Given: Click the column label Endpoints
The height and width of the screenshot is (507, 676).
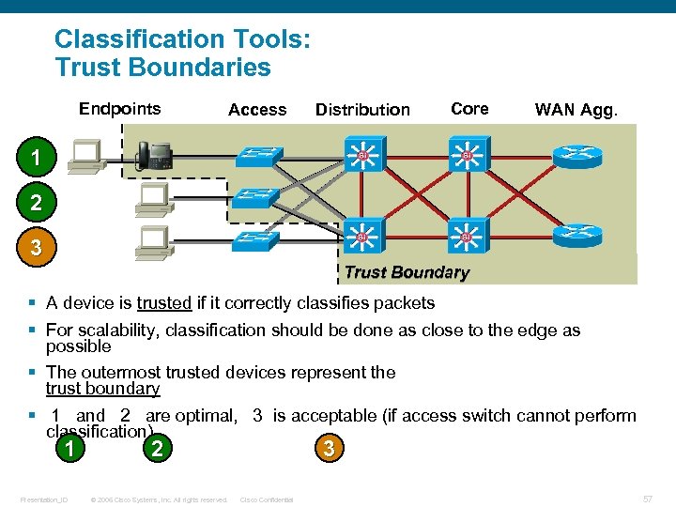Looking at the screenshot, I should (x=119, y=109).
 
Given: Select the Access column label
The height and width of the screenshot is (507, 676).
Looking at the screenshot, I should (x=257, y=110).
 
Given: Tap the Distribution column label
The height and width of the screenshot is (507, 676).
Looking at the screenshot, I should (x=362, y=110).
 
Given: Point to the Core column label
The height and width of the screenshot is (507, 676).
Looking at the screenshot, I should (x=469, y=109).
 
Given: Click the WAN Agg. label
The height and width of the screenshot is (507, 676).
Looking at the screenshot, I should (x=576, y=110).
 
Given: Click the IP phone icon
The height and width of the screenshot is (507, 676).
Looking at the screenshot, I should (x=155, y=154).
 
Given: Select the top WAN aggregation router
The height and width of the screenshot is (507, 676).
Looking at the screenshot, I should (x=577, y=155).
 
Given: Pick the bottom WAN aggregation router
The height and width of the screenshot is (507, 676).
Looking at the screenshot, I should (x=577, y=235).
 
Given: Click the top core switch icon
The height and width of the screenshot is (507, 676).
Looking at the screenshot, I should (x=466, y=156).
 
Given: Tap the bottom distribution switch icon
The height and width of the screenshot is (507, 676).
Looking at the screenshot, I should (x=361, y=238).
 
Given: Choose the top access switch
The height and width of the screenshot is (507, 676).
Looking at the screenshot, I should (x=257, y=155).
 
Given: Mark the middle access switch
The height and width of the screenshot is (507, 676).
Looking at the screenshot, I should (x=257, y=198).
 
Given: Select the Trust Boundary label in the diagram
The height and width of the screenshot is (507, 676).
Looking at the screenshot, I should (x=406, y=273).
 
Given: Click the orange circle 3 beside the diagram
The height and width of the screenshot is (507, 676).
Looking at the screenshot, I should (x=34, y=248).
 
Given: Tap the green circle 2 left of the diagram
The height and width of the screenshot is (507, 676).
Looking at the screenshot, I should (x=34, y=202).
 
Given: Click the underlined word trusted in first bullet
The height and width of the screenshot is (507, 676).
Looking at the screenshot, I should (x=164, y=302).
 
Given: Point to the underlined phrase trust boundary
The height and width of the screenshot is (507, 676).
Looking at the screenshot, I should (x=102, y=389).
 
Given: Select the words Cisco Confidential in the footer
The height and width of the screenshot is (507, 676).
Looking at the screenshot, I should (x=267, y=499).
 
